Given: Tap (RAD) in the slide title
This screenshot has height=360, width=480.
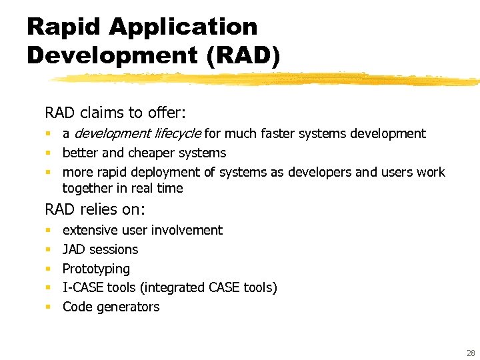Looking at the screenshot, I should [x=243, y=55].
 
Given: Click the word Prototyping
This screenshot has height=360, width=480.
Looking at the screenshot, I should [x=96, y=269].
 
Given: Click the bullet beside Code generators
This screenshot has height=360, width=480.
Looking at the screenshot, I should [x=48, y=307].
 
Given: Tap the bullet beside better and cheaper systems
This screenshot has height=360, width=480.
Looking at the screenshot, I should [x=48, y=153].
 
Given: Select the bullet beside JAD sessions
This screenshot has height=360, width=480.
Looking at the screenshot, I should [x=48, y=250].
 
